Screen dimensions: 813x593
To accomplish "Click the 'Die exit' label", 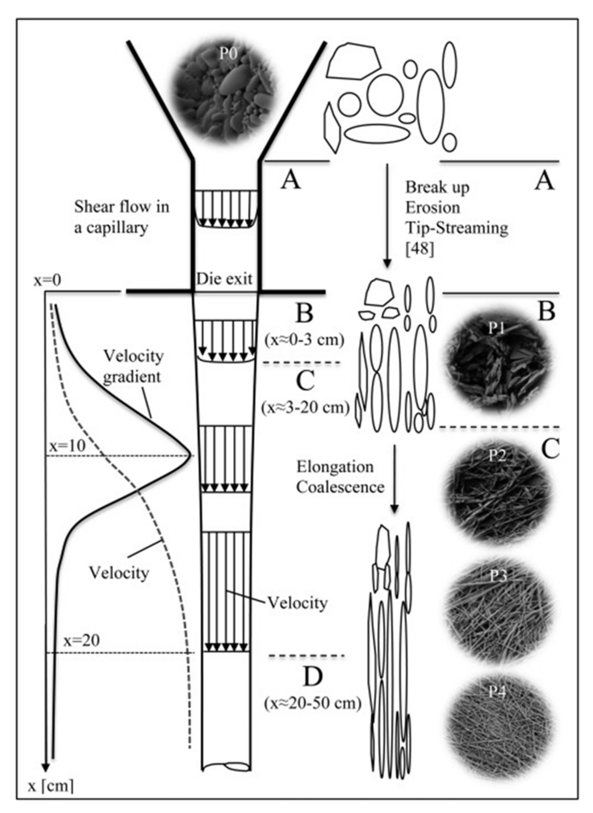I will pyautogui.click(x=224, y=279).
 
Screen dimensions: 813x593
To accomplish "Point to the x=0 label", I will pyautogui.click(x=47, y=281).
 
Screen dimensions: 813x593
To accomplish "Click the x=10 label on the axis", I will pyautogui.click(x=67, y=446).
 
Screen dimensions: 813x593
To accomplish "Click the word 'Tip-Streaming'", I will pyautogui.click(x=456, y=228).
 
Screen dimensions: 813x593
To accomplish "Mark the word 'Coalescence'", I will pyautogui.click(x=340, y=487).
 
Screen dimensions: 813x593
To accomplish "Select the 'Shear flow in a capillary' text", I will pyautogui.click(x=121, y=217).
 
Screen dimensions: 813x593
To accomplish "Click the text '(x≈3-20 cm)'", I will pyautogui.click(x=306, y=408).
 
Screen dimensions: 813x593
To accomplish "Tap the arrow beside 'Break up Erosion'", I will pyautogui.click(x=387, y=215).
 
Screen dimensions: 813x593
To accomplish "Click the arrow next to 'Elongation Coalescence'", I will pyautogui.click(x=394, y=479).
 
